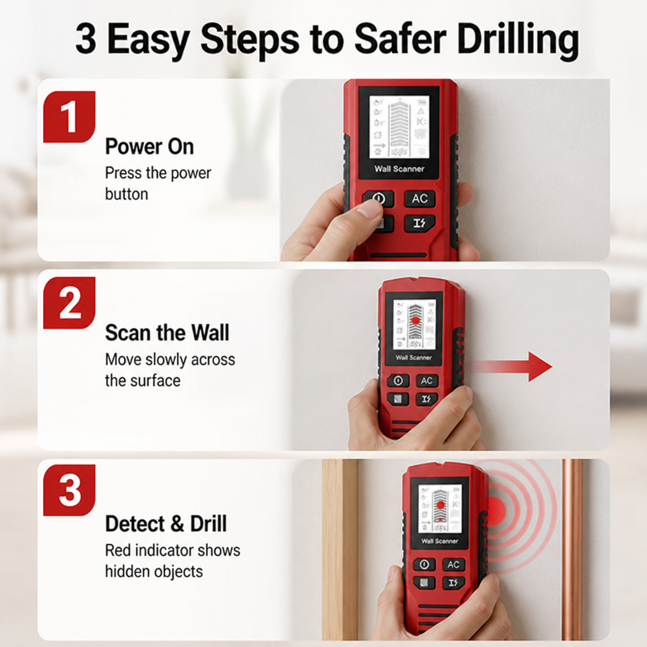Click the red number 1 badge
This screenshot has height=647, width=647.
(70, 117)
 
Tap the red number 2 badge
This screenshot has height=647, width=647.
(70, 303)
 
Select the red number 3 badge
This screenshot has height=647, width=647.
(70, 490)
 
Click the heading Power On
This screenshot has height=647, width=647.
(149, 147)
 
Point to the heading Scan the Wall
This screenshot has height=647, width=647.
(167, 332)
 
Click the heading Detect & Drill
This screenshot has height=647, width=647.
(166, 524)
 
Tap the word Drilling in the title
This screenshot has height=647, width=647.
(518, 40)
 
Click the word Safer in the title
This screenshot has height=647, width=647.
(400, 39)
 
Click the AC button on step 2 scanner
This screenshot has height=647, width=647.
(426, 380)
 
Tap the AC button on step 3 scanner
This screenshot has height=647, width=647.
(454, 564)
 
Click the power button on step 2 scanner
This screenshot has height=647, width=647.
(398, 380)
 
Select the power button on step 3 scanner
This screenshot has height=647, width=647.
(424, 564)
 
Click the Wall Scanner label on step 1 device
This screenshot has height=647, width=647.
(399, 169)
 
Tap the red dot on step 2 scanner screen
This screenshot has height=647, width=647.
(416, 321)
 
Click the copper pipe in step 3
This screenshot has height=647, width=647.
(572, 549)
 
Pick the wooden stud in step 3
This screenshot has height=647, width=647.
(340, 549)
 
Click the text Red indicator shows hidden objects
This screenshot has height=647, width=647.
(172, 561)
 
